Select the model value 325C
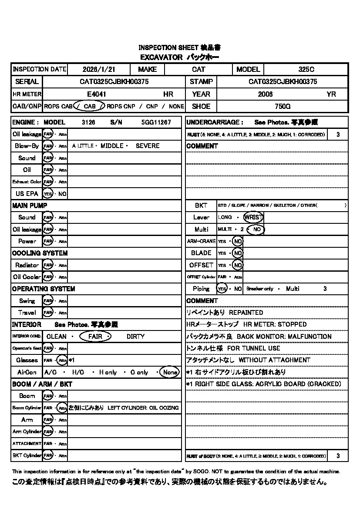point(306,69)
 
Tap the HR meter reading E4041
point(97,94)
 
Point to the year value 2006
point(265,94)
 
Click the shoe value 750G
point(283,106)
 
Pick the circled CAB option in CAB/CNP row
point(89,106)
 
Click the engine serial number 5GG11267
point(156,122)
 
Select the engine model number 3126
point(88,122)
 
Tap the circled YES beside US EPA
point(47,194)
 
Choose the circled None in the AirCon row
point(169,372)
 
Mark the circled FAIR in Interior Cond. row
point(95,337)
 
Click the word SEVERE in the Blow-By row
point(148,146)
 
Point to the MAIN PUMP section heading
point(30,206)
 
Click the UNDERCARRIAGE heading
point(215,122)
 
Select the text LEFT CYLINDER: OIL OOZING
point(143,408)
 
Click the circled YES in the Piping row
point(222,289)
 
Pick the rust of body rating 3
point(338,456)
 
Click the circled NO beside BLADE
point(237,253)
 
